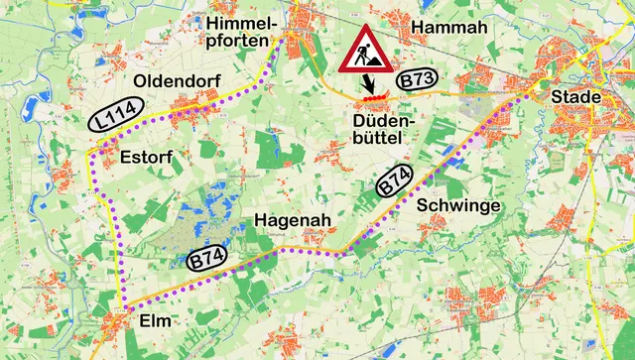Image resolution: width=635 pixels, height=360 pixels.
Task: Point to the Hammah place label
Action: tap(449, 28)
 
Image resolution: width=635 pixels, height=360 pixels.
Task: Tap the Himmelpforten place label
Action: tap(239, 31)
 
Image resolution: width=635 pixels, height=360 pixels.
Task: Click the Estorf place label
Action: tap(146, 157)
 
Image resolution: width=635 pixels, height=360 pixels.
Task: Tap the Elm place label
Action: tap(155, 322)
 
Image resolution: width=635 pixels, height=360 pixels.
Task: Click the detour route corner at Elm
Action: tap(126, 307)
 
